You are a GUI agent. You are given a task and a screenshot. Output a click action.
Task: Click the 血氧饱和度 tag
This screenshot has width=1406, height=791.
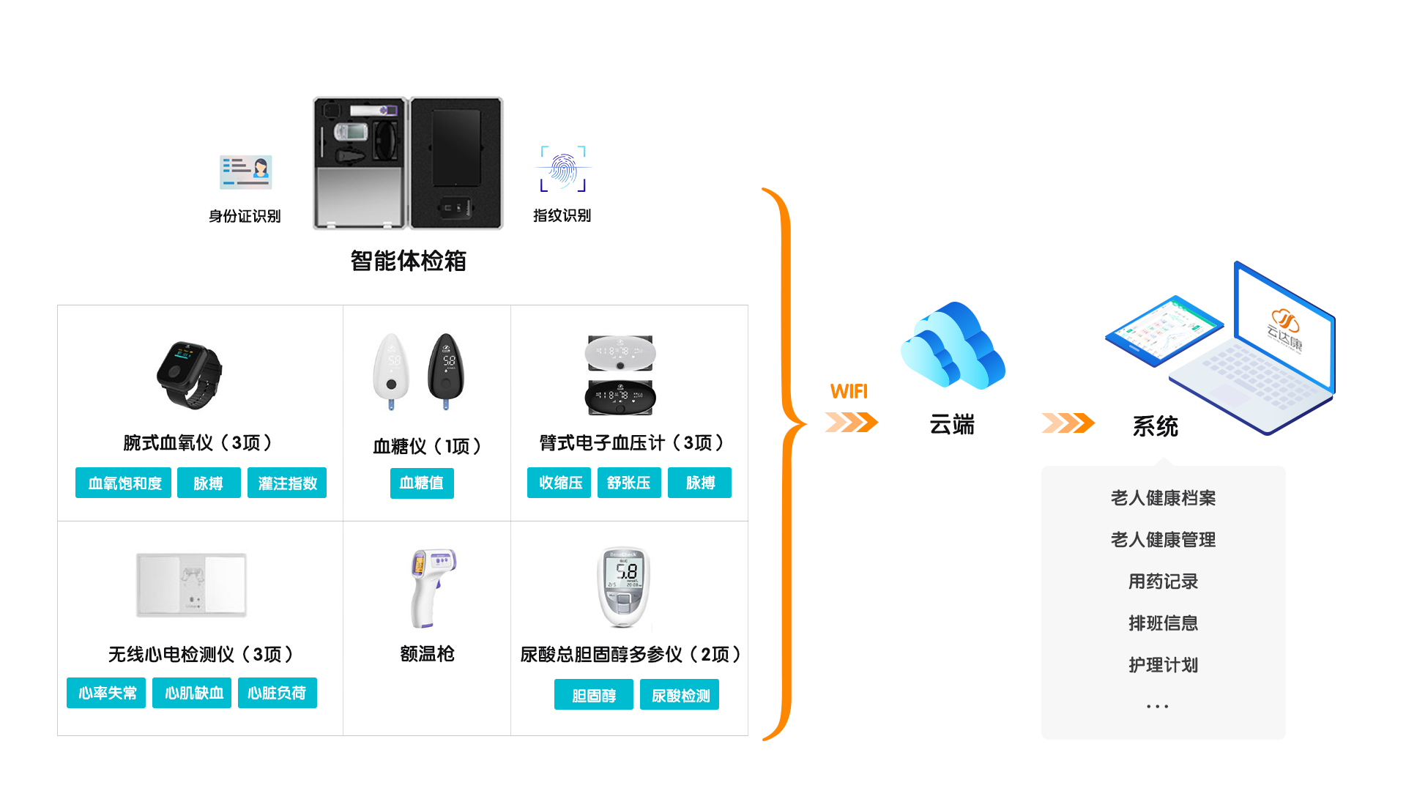click(x=123, y=483)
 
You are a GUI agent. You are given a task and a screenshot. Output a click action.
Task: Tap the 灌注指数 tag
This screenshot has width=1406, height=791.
click(x=287, y=483)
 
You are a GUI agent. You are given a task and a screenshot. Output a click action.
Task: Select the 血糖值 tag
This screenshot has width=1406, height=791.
click(x=422, y=483)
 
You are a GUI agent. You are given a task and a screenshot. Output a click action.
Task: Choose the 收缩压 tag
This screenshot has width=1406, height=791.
click(x=559, y=483)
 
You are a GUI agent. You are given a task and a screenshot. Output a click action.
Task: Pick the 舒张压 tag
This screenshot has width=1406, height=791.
click(x=629, y=483)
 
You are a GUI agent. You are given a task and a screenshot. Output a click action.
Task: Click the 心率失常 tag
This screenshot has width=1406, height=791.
click(x=106, y=693)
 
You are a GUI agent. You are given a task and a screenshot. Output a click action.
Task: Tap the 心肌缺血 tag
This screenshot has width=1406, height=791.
click(x=192, y=693)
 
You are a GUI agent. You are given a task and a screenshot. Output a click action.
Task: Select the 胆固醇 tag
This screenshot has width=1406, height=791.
click(x=593, y=695)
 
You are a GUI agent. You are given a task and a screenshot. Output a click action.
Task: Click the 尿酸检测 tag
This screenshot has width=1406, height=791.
click(x=680, y=695)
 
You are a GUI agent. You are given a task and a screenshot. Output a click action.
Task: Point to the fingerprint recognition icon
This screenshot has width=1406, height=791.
click(x=563, y=169)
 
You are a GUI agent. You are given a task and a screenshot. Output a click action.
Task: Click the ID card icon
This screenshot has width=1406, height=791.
click(x=246, y=172)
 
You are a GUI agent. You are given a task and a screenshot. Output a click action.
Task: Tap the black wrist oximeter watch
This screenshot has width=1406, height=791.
click(x=189, y=374)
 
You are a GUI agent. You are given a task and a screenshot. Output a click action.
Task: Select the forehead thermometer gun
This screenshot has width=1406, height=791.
click(x=432, y=587)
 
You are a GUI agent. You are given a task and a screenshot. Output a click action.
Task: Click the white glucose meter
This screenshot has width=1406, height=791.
click(x=392, y=371)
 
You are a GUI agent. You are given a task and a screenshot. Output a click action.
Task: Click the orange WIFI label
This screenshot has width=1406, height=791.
click(x=849, y=391)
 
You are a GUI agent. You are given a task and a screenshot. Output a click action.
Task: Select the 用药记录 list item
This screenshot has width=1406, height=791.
click(x=1163, y=582)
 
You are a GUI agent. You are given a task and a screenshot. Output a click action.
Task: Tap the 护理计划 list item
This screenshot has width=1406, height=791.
click(x=1163, y=665)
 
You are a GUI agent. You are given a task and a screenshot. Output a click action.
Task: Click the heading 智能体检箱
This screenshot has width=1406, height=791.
click(x=408, y=261)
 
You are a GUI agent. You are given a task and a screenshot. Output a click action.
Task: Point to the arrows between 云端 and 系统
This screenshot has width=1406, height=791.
click(x=1068, y=423)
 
